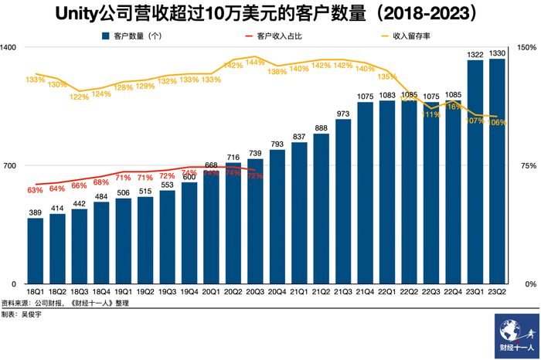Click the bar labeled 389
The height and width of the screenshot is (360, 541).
35,251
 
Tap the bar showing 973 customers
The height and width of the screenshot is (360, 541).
344,202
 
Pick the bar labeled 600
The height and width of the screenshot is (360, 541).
189,233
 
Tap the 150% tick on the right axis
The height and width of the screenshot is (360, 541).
526,47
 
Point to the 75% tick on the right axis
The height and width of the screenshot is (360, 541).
528,165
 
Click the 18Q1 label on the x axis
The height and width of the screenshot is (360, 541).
35,292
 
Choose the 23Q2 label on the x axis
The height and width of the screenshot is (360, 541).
498,292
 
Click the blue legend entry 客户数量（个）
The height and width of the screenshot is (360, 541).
137,35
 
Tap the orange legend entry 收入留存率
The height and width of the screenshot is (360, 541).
410,35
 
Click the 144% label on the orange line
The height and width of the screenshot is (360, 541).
256,61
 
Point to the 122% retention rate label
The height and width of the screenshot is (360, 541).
79,97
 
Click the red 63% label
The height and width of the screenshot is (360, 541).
35,190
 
